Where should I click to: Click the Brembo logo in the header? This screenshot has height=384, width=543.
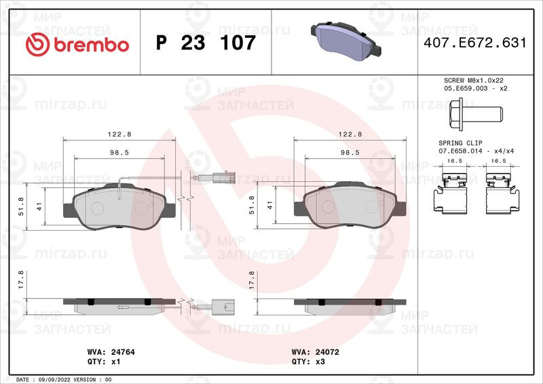[77, 44]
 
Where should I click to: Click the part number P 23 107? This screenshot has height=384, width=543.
[206, 43]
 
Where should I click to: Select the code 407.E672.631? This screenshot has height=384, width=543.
[474, 43]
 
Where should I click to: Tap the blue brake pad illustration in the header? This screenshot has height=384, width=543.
[346, 40]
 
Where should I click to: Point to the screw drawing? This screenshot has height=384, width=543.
[476, 114]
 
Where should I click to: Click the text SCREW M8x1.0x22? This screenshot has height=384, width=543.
[473, 80]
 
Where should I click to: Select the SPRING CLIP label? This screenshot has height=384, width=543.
[460, 143]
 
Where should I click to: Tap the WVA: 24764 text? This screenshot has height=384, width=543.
[111, 352]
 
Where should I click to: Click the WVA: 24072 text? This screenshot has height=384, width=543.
[315, 352]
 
